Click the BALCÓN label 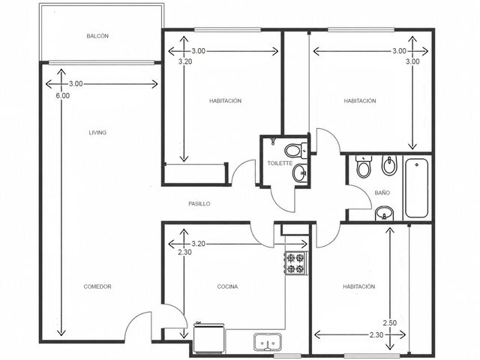(x=97, y=36)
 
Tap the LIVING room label (x=97, y=133)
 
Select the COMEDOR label (x=97, y=286)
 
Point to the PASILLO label (x=199, y=203)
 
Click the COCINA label (x=227, y=286)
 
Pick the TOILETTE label (x=280, y=163)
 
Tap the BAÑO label (x=382, y=193)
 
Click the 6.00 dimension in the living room (x=63, y=95)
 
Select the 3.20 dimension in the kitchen (x=198, y=244)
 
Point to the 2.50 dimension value (x=390, y=322)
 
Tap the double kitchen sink (x=268, y=342)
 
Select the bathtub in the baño (x=416, y=187)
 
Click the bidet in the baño (x=389, y=166)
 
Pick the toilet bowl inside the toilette (x=295, y=150)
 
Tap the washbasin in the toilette (x=300, y=173)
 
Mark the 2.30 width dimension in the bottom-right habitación (x=376, y=335)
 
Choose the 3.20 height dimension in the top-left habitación (x=185, y=61)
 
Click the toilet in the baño (x=364, y=166)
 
